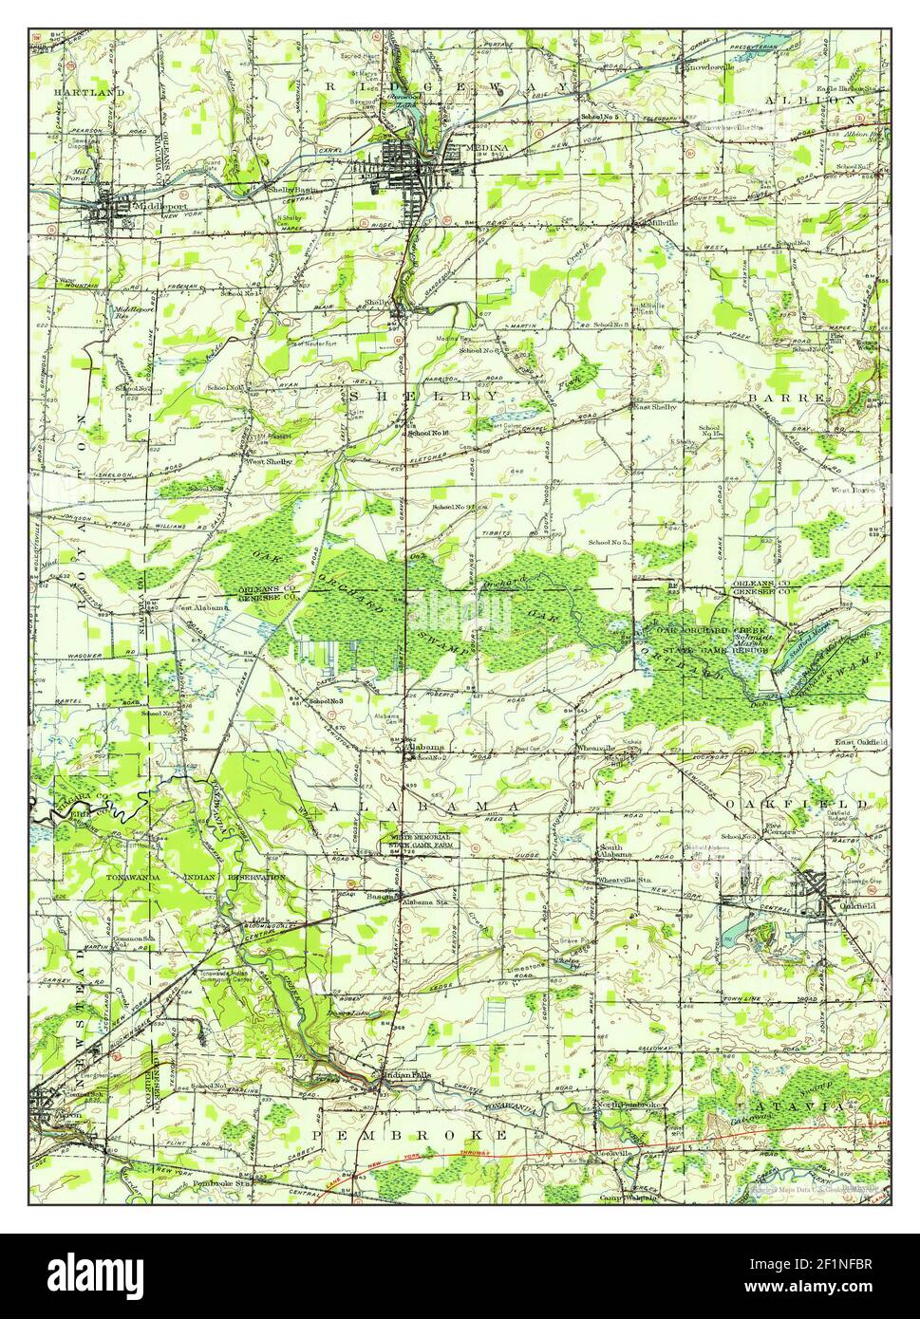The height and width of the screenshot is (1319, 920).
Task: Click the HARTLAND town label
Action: tap(89, 92)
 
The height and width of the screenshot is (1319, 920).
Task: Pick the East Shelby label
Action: tap(655, 406)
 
